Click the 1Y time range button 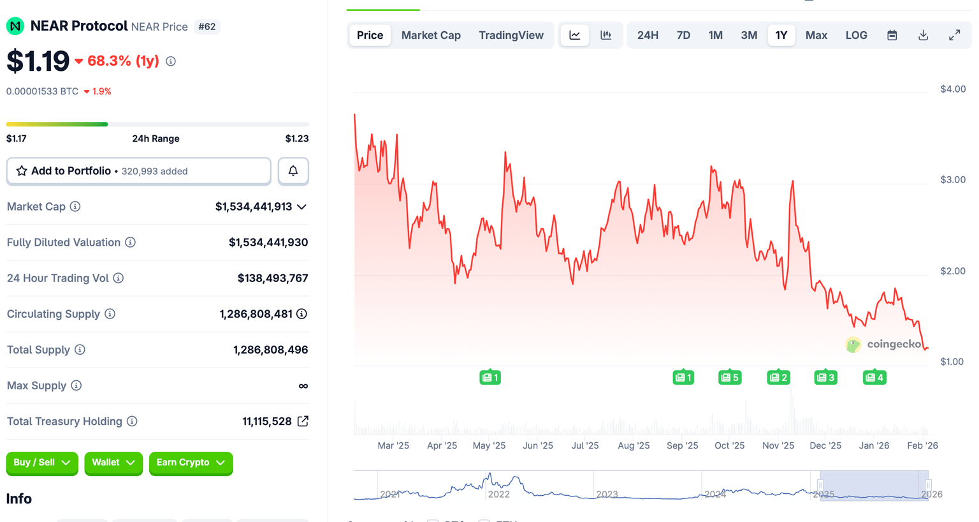pyautogui.click(x=781, y=35)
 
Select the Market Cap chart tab pyautogui.click(x=431, y=35)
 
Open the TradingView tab pyautogui.click(x=511, y=35)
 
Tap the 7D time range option pyautogui.click(x=683, y=35)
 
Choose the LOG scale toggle pyautogui.click(x=856, y=35)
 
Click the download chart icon pyautogui.click(x=923, y=35)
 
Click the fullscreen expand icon pyautogui.click(x=954, y=35)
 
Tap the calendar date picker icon pyautogui.click(x=892, y=35)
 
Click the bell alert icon pyautogui.click(x=293, y=171)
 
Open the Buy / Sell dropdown pyautogui.click(x=42, y=463)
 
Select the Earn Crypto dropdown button pyautogui.click(x=191, y=463)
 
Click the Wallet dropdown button pyautogui.click(x=113, y=463)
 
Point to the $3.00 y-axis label pyautogui.click(x=953, y=180)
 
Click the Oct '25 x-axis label pyautogui.click(x=729, y=445)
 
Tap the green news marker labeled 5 pyautogui.click(x=730, y=378)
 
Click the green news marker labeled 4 pyautogui.click(x=874, y=378)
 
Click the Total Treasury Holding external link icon pyautogui.click(x=303, y=421)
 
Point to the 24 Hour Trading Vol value pyautogui.click(x=273, y=278)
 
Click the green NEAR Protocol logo pyautogui.click(x=15, y=26)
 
